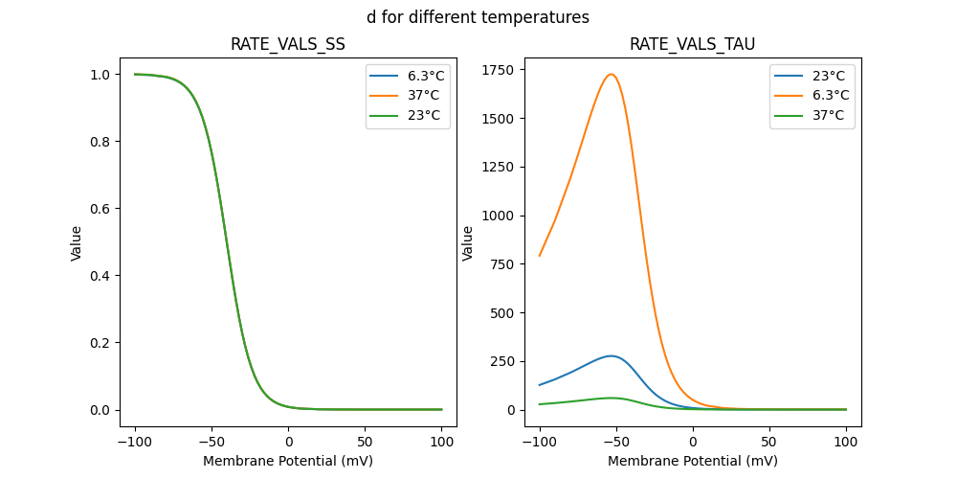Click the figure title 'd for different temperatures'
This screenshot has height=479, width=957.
click(x=478, y=17)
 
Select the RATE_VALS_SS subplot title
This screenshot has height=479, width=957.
click(x=288, y=44)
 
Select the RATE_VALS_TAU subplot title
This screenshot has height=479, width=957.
click(x=692, y=44)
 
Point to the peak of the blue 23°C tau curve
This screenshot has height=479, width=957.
click(x=612, y=355)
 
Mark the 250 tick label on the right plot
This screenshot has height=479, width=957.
click(x=503, y=361)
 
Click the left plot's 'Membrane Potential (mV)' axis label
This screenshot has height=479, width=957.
click(x=288, y=461)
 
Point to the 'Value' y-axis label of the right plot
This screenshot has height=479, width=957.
click(x=468, y=242)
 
